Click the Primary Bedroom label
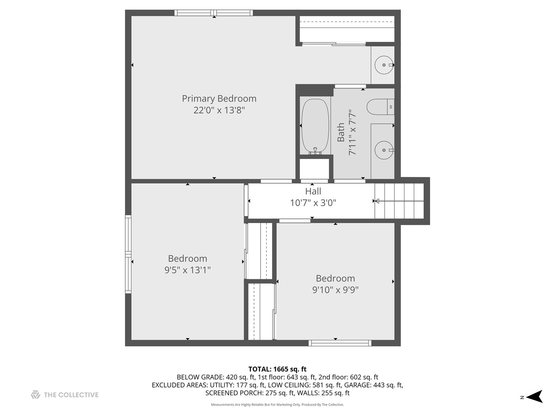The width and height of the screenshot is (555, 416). (x=219, y=99)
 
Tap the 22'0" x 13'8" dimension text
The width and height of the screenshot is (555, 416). (x=219, y=110)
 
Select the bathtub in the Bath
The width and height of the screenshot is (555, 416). (x=315, y=126)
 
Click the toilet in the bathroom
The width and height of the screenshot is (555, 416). (x=380, y=107)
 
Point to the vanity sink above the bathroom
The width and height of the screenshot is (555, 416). (x=384, y=65)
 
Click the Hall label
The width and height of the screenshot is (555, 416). (x=313, y=191)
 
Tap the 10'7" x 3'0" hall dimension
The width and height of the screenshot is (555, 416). (x=313, y=203)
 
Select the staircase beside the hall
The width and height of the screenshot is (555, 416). (x=399, y=201)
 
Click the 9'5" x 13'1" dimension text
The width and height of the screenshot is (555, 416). (x=187, y=270)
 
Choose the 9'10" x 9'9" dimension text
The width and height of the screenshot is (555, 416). (x=335, y=290)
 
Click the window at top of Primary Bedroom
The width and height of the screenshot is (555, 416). (x=214, y=13)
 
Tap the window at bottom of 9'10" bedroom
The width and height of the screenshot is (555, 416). (x=340, y=343)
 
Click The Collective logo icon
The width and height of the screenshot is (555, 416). (x=35, y=395)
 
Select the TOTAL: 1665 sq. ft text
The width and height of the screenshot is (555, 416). (x=277, y=369)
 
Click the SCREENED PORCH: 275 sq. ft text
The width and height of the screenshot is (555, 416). (x=249, y=393)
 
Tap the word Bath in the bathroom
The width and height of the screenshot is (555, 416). (x=341, y=133)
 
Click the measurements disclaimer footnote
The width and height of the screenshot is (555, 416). (x=277, y=404)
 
